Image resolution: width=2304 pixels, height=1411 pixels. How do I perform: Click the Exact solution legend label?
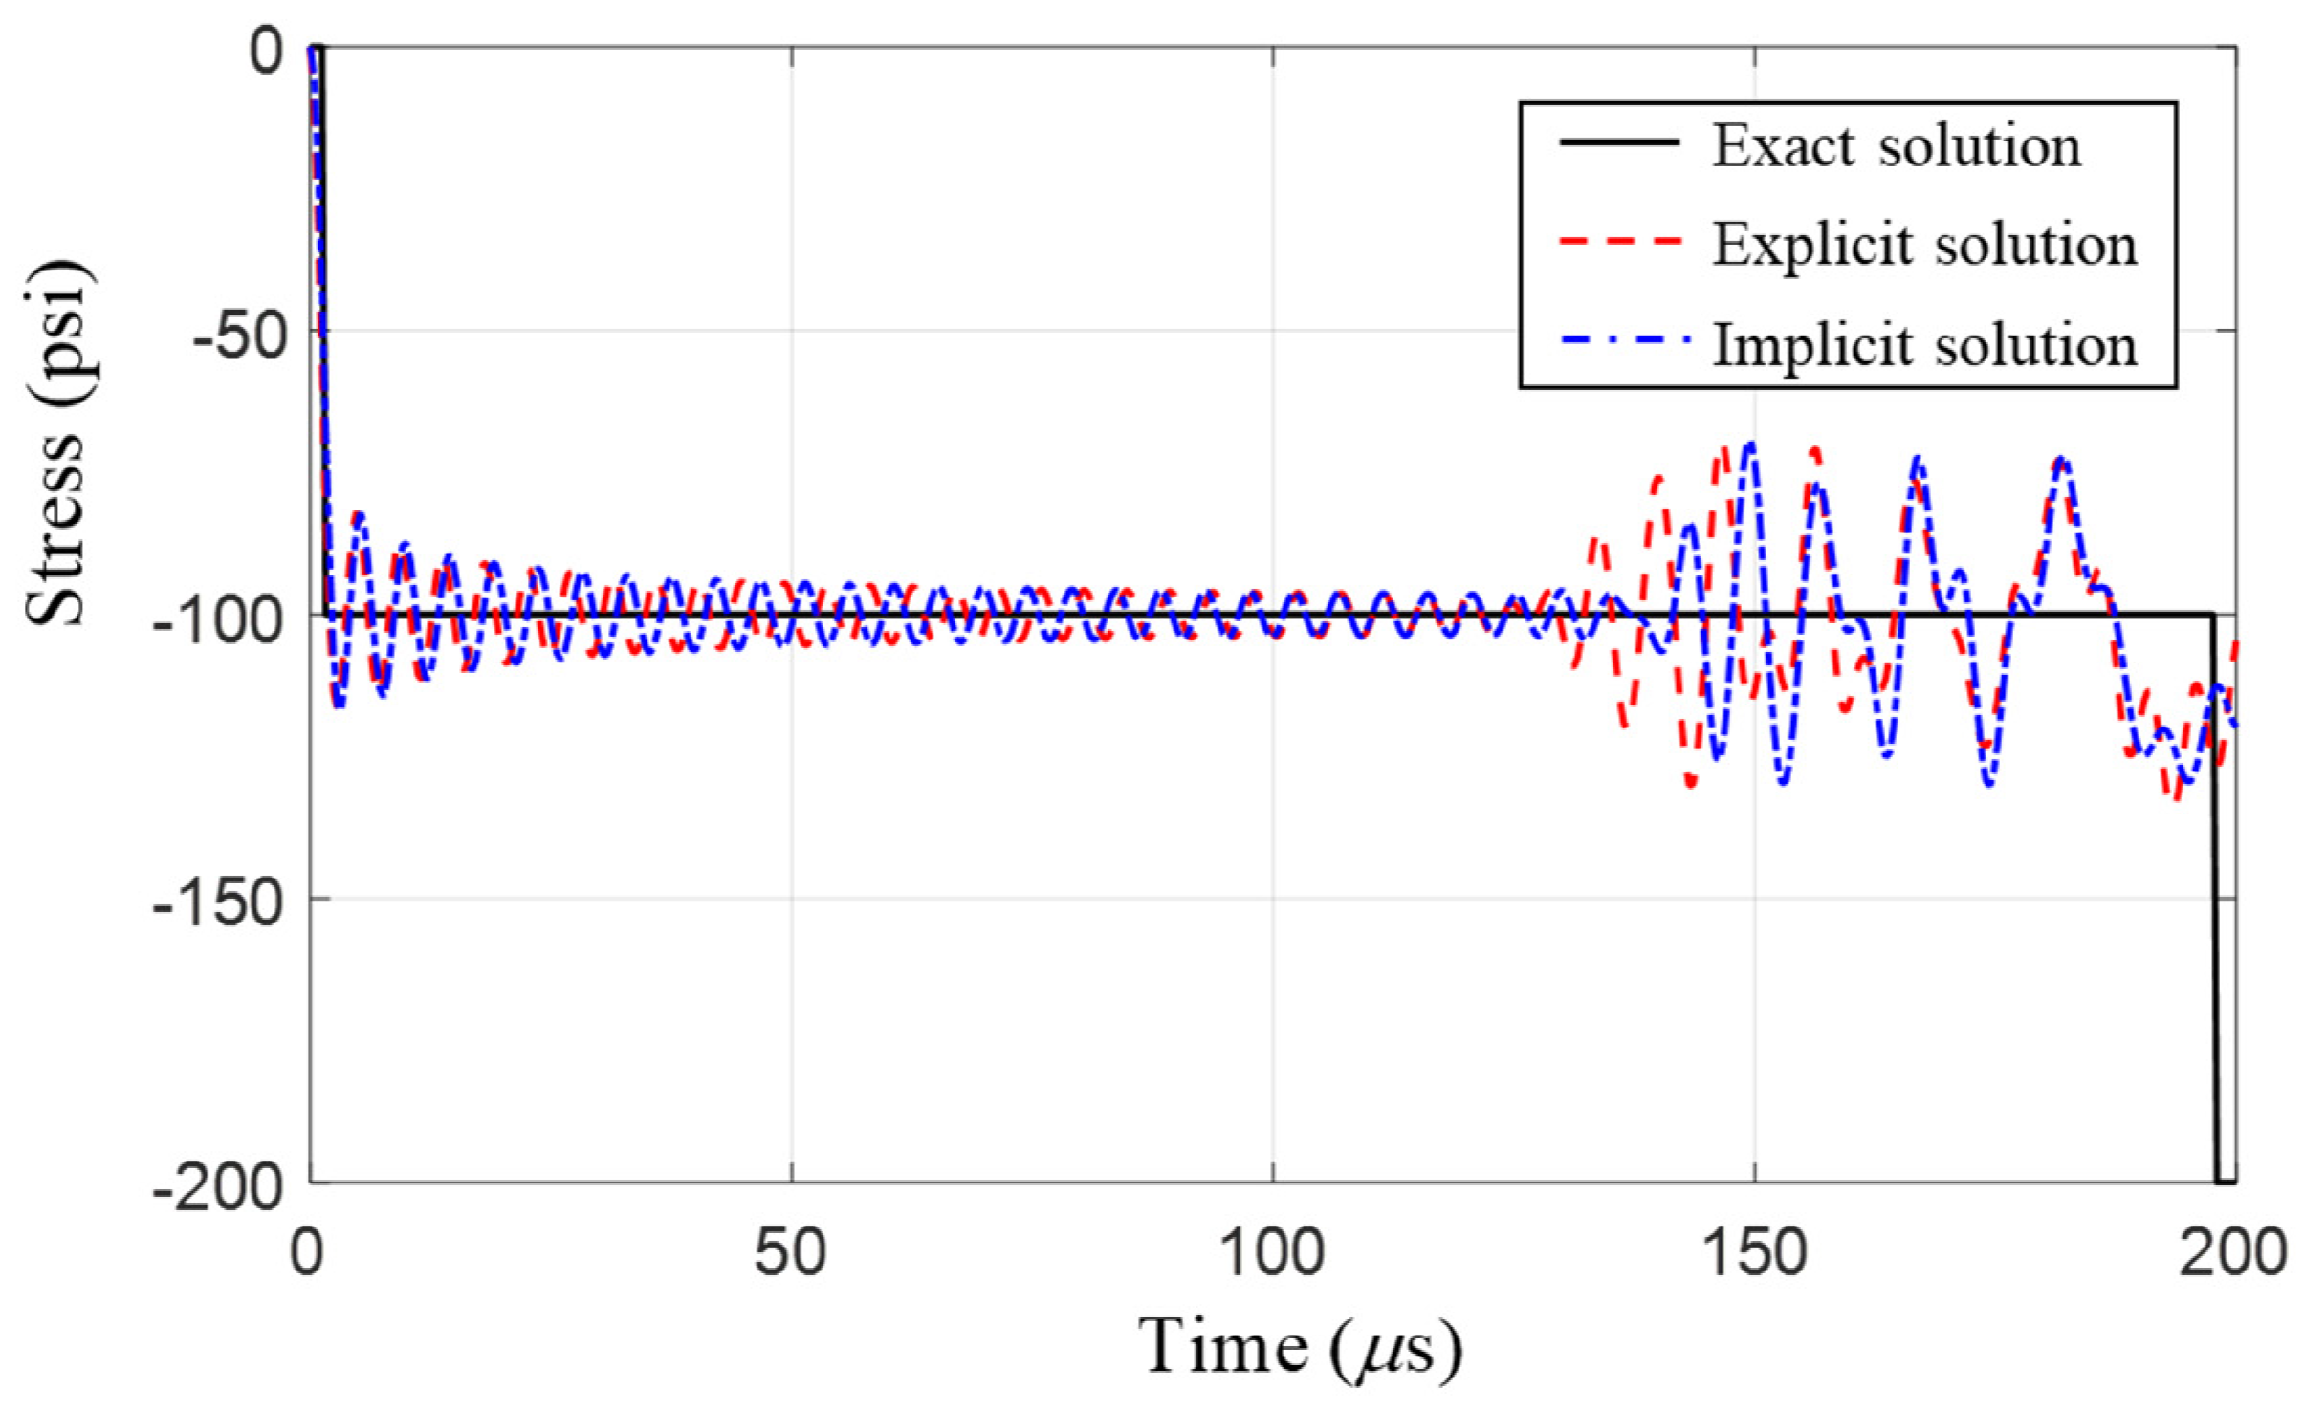tap(1896, 146)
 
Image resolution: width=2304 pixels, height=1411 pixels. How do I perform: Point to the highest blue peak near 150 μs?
tap(1751, 445)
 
